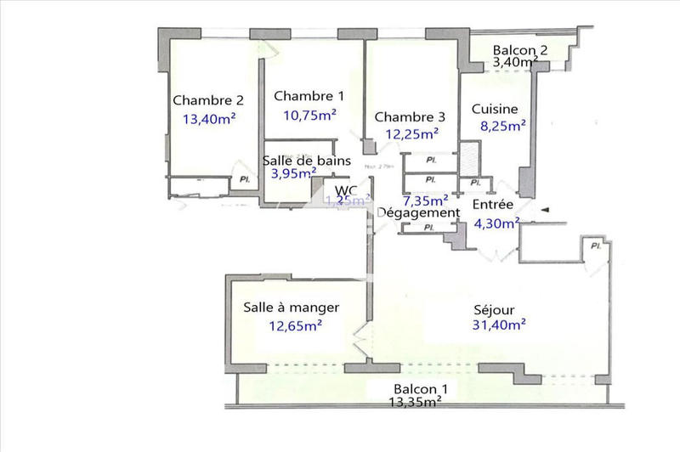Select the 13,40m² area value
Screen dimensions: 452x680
[x=208, y=119]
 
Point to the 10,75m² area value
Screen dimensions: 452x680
[x=309, y=115]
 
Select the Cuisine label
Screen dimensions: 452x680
[x=497, y=109]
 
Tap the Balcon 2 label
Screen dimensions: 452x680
[x=519, y=49]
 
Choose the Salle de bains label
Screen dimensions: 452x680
[x=301, y=161]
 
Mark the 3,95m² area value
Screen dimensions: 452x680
[x=297, y=174]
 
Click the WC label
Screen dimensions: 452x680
[x=345, y=189]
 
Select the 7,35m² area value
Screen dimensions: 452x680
[x=426, y=201]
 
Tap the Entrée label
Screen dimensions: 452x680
[x=493, y=205]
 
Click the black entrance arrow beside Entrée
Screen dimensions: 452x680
[x=547, y=209]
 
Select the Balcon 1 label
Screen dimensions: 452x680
[x=415, y=388]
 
